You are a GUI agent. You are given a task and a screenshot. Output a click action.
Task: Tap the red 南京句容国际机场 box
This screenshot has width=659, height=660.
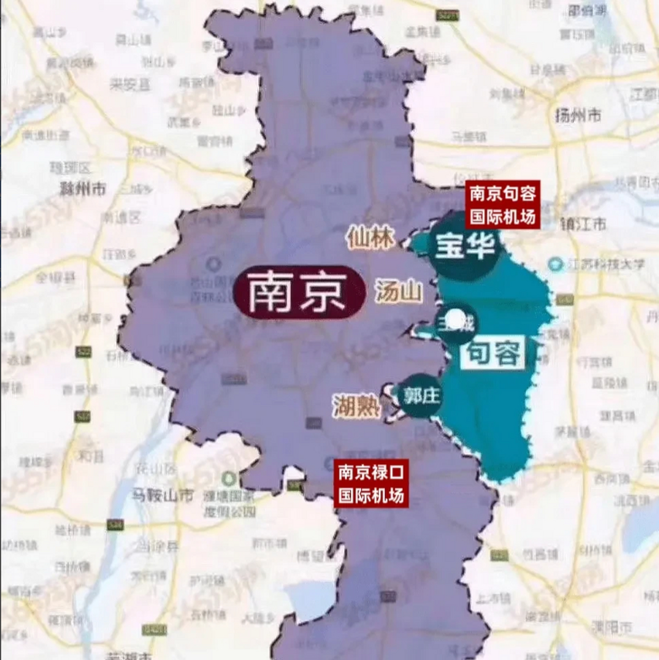[502, 204]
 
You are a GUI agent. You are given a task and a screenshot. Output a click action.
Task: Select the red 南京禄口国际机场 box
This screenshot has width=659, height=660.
[371, 483]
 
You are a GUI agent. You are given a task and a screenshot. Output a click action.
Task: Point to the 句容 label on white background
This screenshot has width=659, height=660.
[493, 353]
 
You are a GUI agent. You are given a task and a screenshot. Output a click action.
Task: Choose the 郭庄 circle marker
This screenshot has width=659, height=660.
[421, 395]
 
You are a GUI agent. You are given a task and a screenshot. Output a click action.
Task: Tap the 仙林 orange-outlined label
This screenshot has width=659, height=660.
[371, 238]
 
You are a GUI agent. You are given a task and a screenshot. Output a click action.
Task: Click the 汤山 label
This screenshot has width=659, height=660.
[398, 292]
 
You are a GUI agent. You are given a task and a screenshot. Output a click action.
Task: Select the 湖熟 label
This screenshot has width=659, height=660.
[356, 406]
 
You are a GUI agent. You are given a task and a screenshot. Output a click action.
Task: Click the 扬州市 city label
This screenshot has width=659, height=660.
[578, 115]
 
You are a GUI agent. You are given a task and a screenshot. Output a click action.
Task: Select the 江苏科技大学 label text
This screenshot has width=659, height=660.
[606, 265]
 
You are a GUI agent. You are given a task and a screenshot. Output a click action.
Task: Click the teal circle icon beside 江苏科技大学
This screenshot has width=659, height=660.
[555, 265]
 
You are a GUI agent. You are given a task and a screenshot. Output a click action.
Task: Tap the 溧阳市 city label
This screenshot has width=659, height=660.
[612, 627]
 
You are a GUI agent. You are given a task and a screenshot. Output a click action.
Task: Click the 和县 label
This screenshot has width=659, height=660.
[91, 455]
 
